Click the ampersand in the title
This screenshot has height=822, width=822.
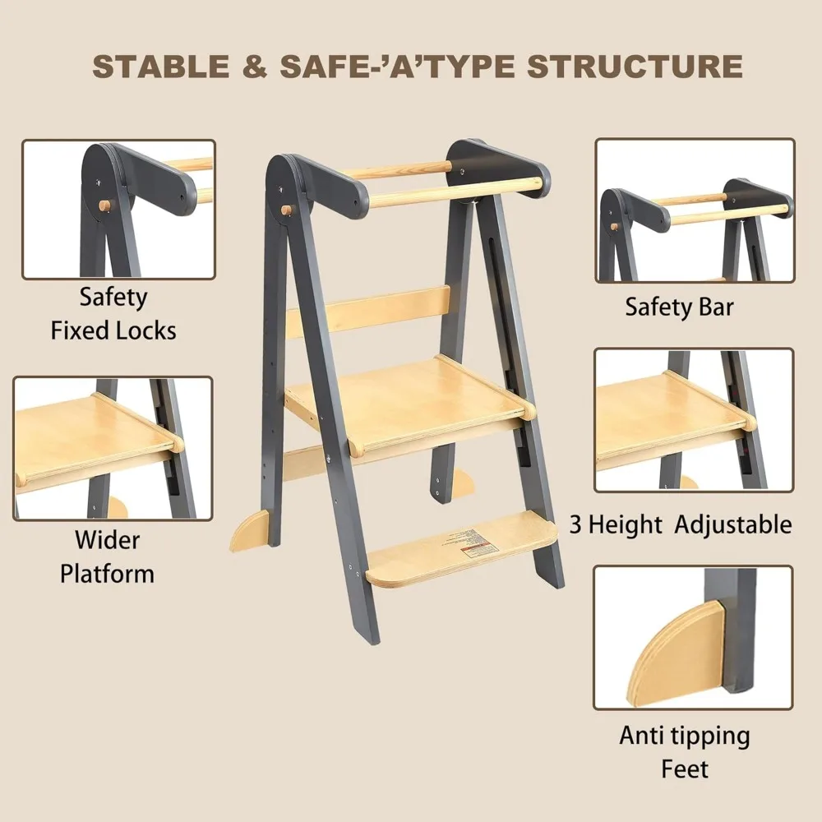coord(256,67)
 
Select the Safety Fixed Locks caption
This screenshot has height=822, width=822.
coord(113,313)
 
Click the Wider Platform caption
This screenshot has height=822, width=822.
coord(107,556)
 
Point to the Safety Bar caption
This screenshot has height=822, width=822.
coord(679,307)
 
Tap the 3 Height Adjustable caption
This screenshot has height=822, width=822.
coord(681,524)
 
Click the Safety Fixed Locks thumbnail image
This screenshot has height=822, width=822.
coord(118,210)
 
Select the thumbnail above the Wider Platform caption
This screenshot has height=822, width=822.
coord(113,448)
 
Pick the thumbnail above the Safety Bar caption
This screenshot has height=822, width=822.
coord(695,210)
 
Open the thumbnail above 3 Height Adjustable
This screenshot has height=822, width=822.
coord(694,420)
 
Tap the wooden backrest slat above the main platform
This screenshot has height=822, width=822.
coord(370,311)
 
